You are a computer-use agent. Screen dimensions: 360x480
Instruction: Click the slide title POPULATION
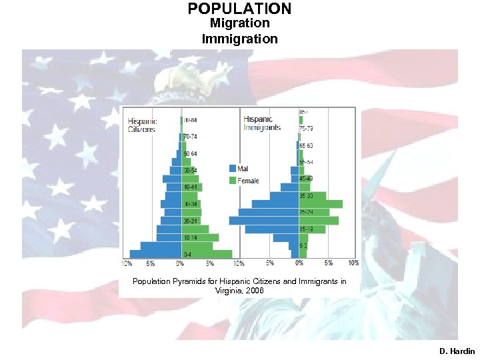click(x=239, y=9)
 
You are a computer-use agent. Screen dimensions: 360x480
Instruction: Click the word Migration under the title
click(x=239, y=24)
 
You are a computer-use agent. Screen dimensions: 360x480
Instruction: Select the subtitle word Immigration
click(x=239, y=39)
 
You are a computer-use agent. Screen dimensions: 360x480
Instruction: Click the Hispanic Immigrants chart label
click(x=262, y=123)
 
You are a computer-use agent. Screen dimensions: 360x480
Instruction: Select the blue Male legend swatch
click(x=233, y=169)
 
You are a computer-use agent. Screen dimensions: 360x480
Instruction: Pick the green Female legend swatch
click(x=233, y=181)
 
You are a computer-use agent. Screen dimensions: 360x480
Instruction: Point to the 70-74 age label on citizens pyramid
click(x=190, y=136)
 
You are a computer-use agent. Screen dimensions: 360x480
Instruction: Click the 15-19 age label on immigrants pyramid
click(x=307, y=229)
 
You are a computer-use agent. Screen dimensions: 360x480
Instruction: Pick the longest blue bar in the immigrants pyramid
click(x=264, y=221)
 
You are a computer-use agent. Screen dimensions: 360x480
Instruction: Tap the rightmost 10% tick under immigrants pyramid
click(x=354, y=263)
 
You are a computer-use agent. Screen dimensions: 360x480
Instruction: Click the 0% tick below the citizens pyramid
click(x=180, y=263)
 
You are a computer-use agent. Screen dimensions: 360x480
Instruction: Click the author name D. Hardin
click(x=457, y=351)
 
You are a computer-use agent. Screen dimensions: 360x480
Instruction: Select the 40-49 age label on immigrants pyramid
click(x=307, y=179)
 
